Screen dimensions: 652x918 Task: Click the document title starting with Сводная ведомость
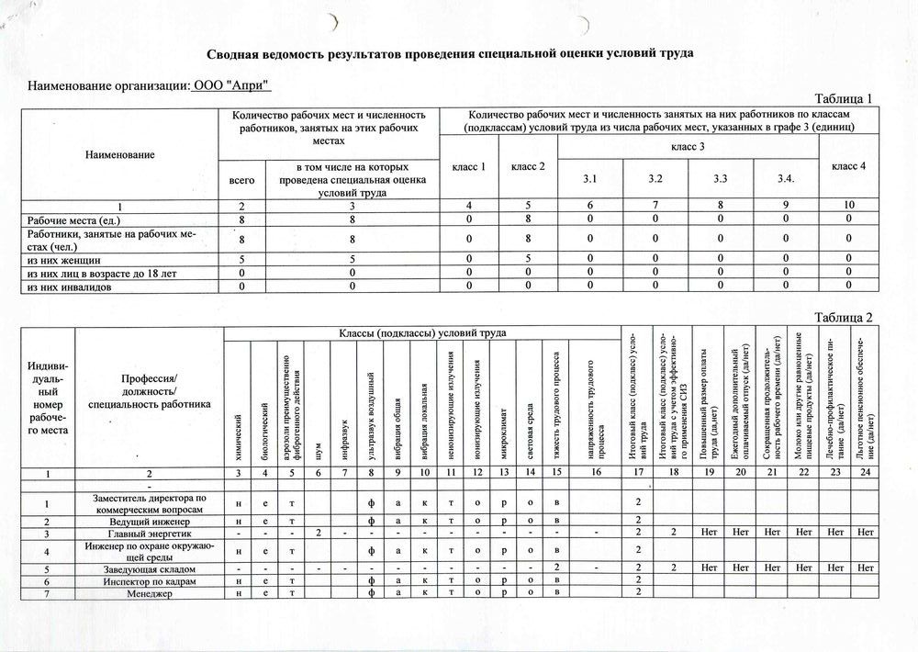449,53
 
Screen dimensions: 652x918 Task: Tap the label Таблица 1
843,99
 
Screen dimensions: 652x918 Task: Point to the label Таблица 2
843,318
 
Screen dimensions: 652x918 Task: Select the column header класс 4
849,165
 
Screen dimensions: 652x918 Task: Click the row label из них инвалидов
70,287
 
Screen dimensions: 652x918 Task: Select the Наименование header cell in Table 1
120,154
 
